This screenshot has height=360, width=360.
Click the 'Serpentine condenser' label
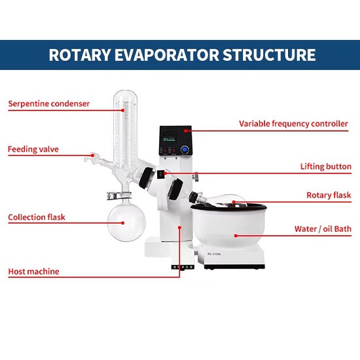click(x=49, y=104)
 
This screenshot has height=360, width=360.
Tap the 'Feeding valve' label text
click(x=33, y=149)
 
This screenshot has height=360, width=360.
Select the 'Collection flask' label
click(x=37, y=217)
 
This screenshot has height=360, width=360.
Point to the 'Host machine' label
click(x=34, y=272)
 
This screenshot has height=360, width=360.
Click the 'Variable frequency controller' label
click(x=293, y=124)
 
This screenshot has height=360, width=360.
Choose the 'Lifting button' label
click(x=326, y=166)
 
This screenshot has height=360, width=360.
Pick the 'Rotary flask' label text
click(x=329, y=195)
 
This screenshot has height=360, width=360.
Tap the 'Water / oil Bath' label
click(x=323, y=229)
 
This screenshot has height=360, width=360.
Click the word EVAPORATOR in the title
click(x=167, y=55)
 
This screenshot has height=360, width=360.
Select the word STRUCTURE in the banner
click(x=269, y=55)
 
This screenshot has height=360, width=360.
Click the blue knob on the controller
click(x=184, y=149)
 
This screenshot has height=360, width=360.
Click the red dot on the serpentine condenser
click(x=123, y=111)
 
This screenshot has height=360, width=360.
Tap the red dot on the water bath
click(x=236, y=236)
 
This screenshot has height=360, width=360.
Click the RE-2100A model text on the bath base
click(x=214, y=254)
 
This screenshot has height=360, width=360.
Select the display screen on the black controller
click(x=170, y=135)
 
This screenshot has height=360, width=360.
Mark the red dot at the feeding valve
click(x=92, y=155)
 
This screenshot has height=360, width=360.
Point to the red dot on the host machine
click(x=180, y=227)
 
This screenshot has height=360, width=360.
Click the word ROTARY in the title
click(x=80, y=55)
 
